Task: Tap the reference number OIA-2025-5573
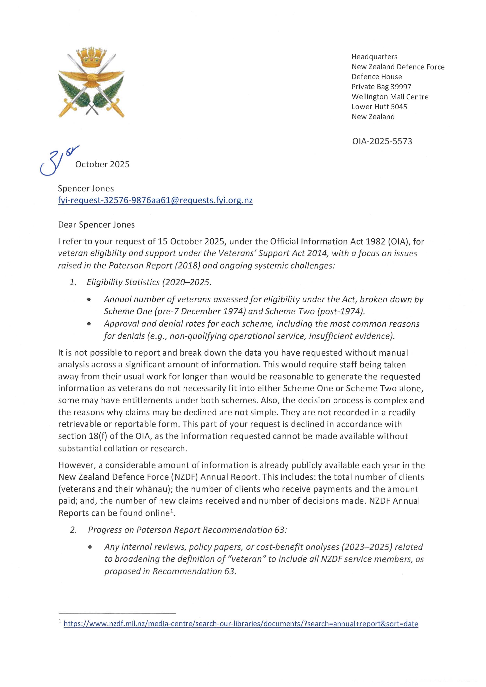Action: point(382,141)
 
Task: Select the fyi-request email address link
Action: point(155,200)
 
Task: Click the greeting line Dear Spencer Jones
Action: point(96,225)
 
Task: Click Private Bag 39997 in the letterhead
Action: point(381,87)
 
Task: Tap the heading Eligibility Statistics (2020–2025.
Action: point(149,282)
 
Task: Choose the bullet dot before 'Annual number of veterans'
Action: point(89,299)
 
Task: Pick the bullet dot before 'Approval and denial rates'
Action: point(89,324)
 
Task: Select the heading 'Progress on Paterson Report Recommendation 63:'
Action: point(187,530)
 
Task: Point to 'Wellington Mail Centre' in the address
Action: point(390,97)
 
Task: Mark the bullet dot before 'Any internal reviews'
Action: point(90,547)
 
